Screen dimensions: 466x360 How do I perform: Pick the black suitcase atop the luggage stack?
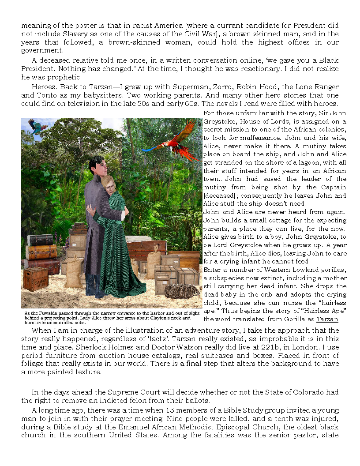[40, 240]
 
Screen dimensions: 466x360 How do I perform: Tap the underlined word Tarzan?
[327, 319]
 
